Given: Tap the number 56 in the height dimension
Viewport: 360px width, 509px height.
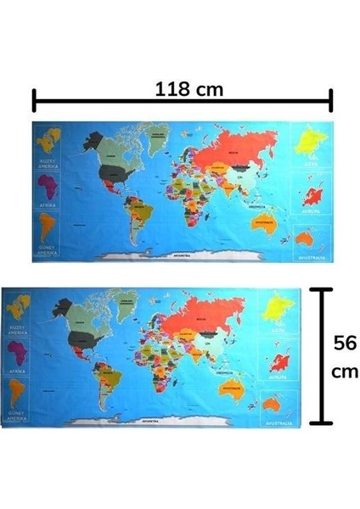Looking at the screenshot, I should coord(344,344).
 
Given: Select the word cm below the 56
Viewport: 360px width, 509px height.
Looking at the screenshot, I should coord(344,372).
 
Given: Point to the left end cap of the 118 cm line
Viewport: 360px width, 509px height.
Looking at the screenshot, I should coord(34,100).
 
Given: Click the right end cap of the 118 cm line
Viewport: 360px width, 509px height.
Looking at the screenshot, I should coord(331,100).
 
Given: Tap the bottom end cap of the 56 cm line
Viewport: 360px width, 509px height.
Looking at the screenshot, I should coord(320,422).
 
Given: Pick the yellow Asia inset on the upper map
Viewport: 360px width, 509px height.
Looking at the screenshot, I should coord(309,147).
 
